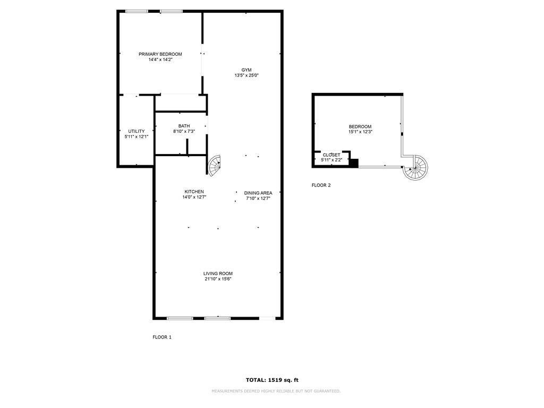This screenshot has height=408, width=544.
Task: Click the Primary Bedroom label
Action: tap(160, 54)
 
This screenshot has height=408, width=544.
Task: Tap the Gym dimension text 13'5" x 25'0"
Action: tap(246, 75)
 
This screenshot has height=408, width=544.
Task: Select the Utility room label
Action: tap(137, 131)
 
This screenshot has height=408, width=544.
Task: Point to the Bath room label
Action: tap(184, 126)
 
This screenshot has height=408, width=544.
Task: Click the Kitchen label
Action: tap(194, 191)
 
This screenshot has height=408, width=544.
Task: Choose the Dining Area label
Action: tap(258, 193)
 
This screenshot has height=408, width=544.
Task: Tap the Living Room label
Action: tap(218, 274)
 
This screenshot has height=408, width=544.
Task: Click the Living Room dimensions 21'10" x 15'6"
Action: tap(218, 279)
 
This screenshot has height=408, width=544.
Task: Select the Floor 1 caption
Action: tap(162, 337)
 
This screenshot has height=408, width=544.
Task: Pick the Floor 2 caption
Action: tap(321, 185)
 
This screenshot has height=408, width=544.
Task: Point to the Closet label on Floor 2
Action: tap(331, 155)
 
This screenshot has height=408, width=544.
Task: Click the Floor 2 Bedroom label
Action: tap(360, 126)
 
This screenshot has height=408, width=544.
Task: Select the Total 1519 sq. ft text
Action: tap(272, 380)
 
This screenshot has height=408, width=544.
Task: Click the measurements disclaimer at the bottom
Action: tap(276, 392)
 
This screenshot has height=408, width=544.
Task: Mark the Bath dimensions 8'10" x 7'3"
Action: tap(184, 132)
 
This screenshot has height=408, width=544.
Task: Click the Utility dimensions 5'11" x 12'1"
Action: tap(137, 137)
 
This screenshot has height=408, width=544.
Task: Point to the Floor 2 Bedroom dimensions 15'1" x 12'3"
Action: tap(361, 132)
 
